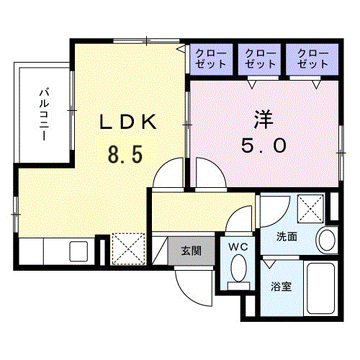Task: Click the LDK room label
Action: pyautogui.click(x=128, y=122)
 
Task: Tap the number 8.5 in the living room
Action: pyautogui.click(x=125, y=155)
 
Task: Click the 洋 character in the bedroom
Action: pyautogui.click(x=264, y=120)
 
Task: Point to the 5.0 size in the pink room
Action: pyautogui.click(x=264, y=145)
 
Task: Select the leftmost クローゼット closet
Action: pyautogui.click(x=211, y=59)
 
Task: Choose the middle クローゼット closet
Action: pyautogui.click(x=259, y=59)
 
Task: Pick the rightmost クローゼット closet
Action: pyautogui.click(x=312, y=59)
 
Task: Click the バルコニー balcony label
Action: pyautogui.click(x=45, y=114)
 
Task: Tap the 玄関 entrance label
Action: pyautogui.click(x=192, y=251)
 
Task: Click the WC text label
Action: pyautogui.click(x=238, y=247)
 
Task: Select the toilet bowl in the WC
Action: pyautogui.click(x=238, y=268)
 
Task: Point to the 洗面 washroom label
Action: pyautogui.click(x=287, y=237)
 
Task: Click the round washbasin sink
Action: pyautogui.click(x=327, y=240)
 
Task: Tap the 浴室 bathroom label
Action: pyautogui.click(x=282, y=287)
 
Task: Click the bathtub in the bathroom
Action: pyautogui.click(x=320, y=288)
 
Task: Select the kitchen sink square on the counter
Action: pyautogui.click(x=78, y=251)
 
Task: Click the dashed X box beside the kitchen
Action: pyautogui.click(x=129, y=249)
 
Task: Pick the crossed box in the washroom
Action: pyautogui.click(x=310, y=209)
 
